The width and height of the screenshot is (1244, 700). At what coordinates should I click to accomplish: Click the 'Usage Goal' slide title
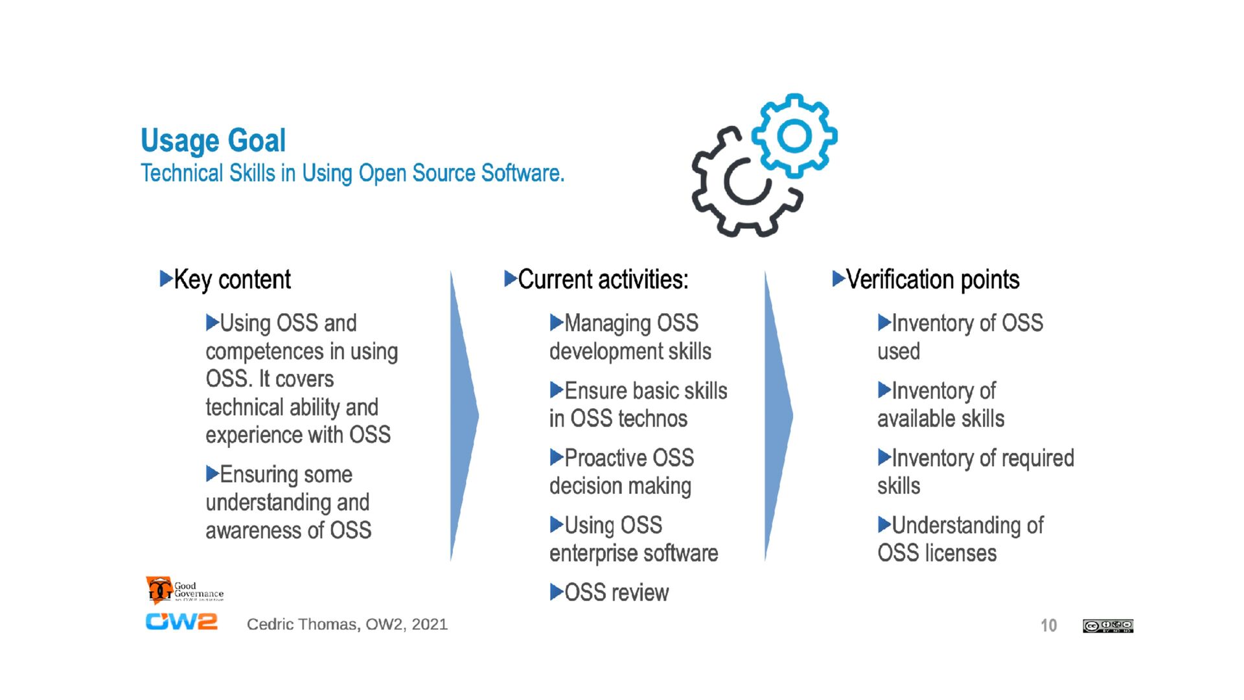coord(213,141)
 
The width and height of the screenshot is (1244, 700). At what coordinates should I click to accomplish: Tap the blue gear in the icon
coord(794,135)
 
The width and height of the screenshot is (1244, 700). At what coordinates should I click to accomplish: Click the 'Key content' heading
coord(232,280)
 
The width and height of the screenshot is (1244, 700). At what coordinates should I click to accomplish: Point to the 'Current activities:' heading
coord(603,280)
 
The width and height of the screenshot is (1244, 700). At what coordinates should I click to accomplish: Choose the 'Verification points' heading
coord(932,280)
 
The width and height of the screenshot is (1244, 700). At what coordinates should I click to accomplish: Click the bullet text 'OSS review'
coord(616,592)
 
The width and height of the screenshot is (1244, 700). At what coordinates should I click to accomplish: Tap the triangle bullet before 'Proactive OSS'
coord(556,458)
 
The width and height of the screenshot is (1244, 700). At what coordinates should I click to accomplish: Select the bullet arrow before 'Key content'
coord(166,279)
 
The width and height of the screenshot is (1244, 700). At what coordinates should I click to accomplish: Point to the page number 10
coord(1048,625)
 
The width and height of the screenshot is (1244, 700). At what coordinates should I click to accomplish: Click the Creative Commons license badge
coord(1107,625)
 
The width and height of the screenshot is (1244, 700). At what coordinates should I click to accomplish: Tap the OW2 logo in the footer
coord(181,622)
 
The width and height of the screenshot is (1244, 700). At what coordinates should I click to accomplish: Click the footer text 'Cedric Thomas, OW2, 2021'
coord(347,624)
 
